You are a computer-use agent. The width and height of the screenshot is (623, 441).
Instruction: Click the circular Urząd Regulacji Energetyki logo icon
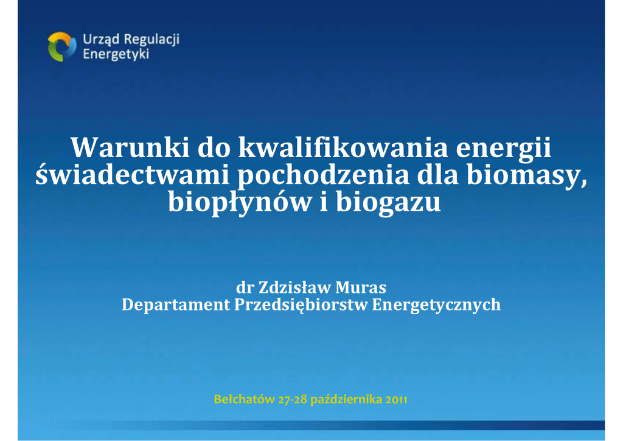click(62, 47)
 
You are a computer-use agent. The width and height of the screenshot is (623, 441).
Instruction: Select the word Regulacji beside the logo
click(152, 40)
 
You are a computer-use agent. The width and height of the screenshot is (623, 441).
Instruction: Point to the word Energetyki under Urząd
click(116, 54)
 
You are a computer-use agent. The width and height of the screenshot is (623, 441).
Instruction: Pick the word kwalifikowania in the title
click(343, 149)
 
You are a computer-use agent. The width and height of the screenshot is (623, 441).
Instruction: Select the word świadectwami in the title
click(132, 175)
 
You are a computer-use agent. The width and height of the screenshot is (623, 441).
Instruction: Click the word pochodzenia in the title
click(324, 177)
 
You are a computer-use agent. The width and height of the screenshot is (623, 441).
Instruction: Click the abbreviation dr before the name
click(245, 287)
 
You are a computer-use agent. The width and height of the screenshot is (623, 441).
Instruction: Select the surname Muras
click(361, 287)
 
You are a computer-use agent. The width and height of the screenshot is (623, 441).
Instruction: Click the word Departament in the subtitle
click(176, 305)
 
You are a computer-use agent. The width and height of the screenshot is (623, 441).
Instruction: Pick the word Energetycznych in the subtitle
click(436, 305)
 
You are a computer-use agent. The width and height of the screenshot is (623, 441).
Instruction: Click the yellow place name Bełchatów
click(245, 399)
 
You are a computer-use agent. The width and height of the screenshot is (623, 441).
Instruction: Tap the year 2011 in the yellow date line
click(396, 399)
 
